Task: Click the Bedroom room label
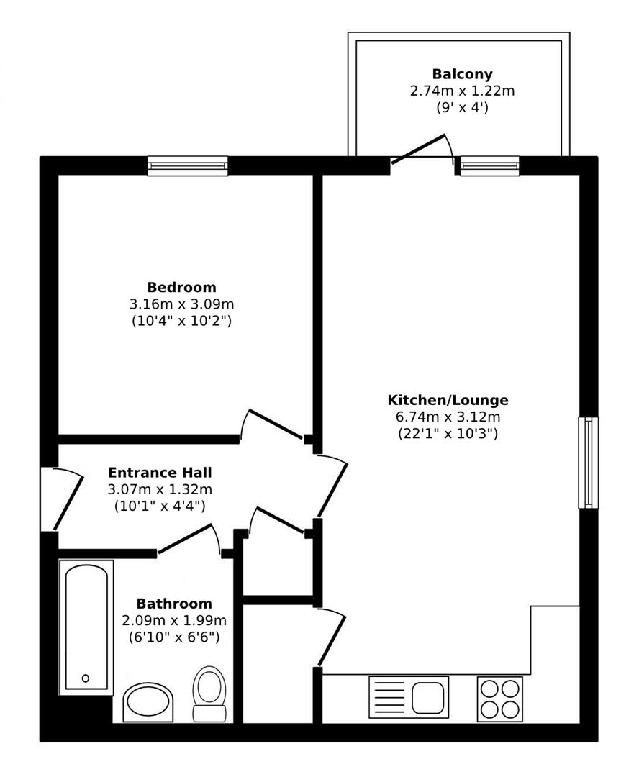click(x=181, y=287)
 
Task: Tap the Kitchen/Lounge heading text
click(x=448, y=400)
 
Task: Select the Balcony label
click(x=462, y=74)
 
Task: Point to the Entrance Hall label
click(x=160, y=472)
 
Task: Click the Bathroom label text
click(x=174, y=604)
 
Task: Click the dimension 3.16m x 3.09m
click(x=181, y=304)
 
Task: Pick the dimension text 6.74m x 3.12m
click(x=448, y=417)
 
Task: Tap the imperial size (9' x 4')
click(x=462, y=107)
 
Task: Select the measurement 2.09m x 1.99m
click(x=174, y=620)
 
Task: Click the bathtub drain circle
click(x=86, y=678)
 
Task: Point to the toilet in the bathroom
click(x=209, y=694)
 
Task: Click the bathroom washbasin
click(x=148, y=702)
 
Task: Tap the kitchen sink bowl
click(x=427, y=698)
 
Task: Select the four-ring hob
click(x=499, y=699)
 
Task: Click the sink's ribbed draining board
click(x=389, y=698)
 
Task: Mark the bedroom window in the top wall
click(x=188, y=166)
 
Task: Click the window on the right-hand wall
click(x=589, y=463)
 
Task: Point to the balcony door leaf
click(x=417, y=149)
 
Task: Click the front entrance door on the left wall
click(x=68, y=502)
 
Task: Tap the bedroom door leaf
click(x=275, y=424)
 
